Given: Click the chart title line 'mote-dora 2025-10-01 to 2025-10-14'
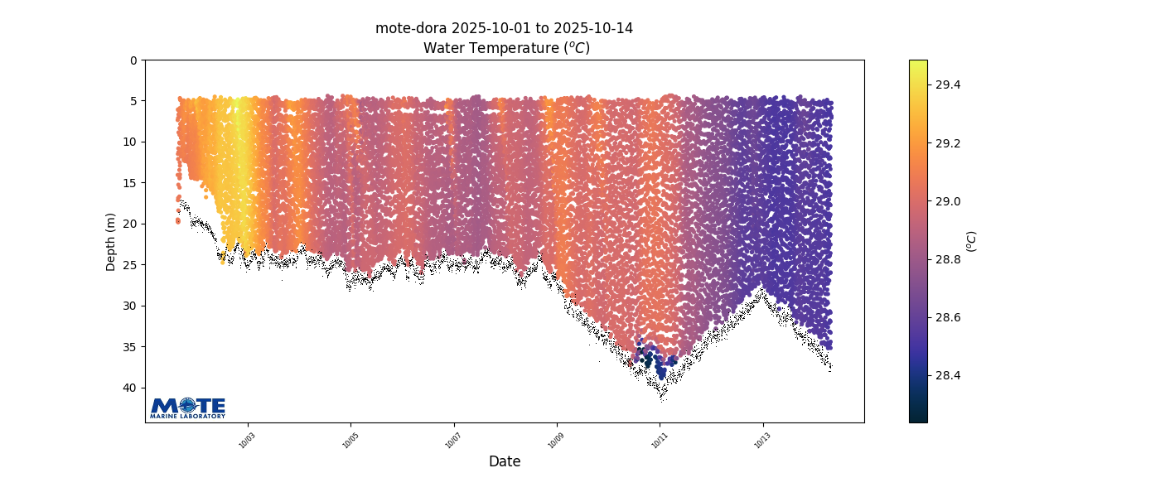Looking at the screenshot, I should coord(504,28).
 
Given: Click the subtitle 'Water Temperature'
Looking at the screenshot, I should coord(506,48).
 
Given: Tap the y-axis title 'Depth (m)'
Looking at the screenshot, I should coord(111,242).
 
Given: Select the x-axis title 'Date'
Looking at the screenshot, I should coord(505,461).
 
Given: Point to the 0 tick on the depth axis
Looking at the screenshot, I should coord(133,60).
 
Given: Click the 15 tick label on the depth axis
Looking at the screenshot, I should coord(131,183).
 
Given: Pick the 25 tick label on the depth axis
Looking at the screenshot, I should coord(131,265).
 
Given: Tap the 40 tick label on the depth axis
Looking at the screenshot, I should coord(131,388).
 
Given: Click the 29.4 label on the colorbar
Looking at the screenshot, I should coord(948,85).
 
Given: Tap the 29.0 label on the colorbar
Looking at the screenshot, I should coord(948,201).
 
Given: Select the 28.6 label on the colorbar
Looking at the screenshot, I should coord(948,317).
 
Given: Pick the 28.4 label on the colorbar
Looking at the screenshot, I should coord(948,375).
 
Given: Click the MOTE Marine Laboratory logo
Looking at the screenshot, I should coord(187,408).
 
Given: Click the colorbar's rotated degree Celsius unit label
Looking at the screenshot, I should coord(972,241).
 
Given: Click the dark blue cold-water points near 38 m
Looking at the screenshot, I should coord(660,364).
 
